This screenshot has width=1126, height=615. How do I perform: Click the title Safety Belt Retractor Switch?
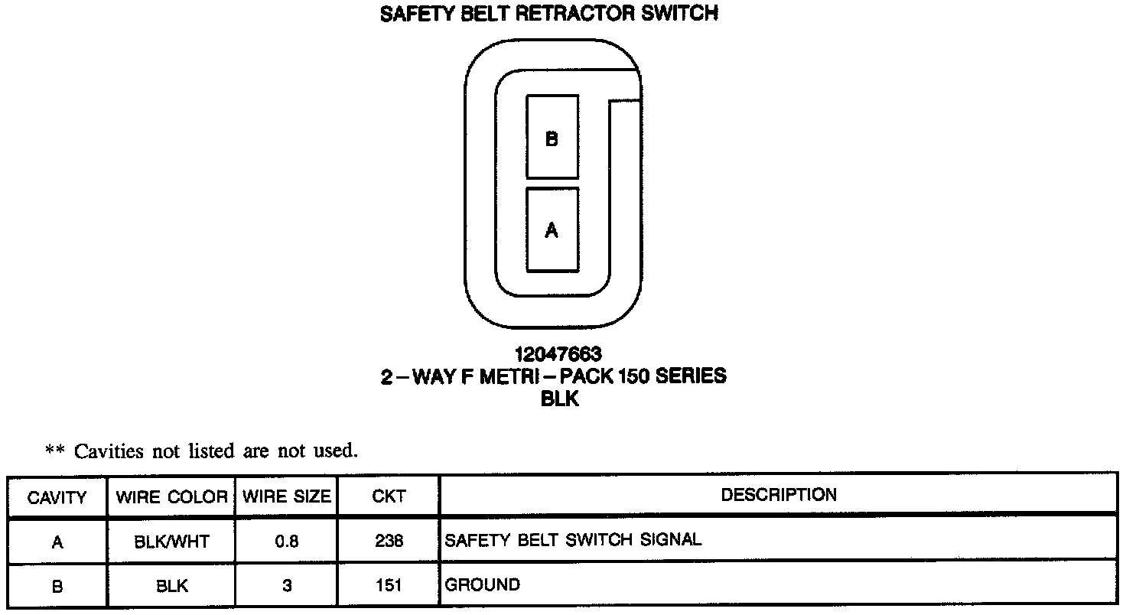point(548,14)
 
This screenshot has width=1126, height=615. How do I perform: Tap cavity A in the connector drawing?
point(552,229)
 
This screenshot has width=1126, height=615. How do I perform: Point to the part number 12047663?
point(558,354)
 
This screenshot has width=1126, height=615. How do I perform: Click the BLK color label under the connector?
point(560,399)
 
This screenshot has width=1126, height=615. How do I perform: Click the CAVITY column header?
point(57,498)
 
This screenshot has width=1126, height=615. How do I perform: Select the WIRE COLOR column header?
point(171,497)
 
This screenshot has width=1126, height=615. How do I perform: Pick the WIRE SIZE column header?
point(287,497)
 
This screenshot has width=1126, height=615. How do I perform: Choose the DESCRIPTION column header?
point(779,495)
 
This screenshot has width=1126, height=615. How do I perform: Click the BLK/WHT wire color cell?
point(171,542)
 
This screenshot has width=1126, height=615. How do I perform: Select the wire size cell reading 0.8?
point(286,542)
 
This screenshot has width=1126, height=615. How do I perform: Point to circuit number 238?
point(389,542)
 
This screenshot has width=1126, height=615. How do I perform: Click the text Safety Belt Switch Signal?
point(573,540)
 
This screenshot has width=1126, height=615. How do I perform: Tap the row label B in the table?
point(57,587)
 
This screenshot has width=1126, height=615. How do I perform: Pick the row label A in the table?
point(57,542)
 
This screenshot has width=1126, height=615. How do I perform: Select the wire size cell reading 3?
point(287,587)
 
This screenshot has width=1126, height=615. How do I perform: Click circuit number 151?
point(389,587)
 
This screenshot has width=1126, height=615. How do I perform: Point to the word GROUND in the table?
point(482,585)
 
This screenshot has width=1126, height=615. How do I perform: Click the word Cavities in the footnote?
point(109,451)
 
